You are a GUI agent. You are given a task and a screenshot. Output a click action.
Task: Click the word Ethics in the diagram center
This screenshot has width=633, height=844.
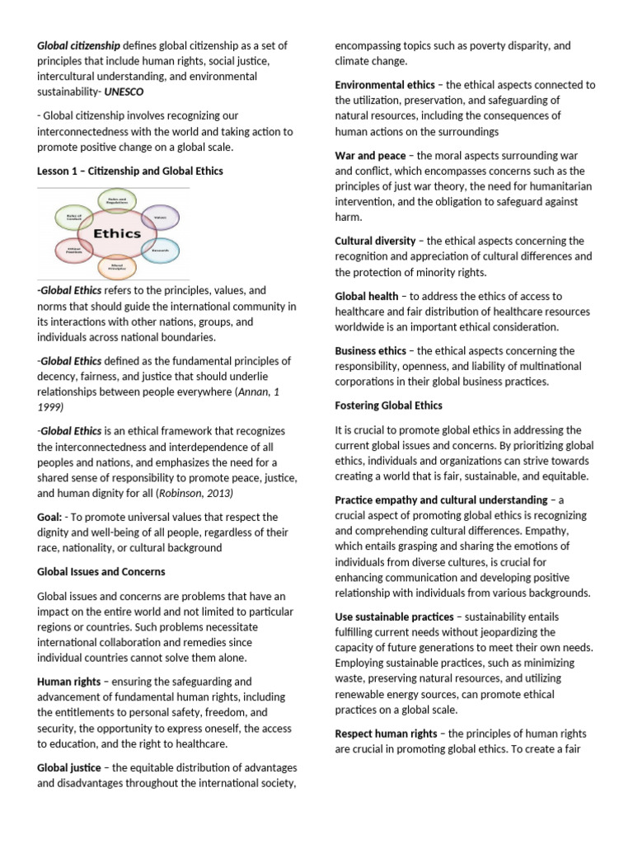(x=116, y=233)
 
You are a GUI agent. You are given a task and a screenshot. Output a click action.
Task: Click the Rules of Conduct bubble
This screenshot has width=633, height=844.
(x=69, y=217)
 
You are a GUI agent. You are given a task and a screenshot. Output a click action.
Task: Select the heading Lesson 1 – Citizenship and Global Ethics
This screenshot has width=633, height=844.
(x=129, y=171)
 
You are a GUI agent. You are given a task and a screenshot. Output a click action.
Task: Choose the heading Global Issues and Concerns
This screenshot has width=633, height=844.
(x=101, y=571)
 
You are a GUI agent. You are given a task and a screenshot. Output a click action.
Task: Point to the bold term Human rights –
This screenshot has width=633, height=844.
(x=76, y=682)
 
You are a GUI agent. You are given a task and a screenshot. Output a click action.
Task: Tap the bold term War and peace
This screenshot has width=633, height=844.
(x=370, y=155)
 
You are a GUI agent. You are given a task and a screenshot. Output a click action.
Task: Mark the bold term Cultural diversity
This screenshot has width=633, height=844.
(x=376, y=241)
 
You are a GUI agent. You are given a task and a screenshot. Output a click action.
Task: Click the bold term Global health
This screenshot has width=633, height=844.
(x=366, y=296)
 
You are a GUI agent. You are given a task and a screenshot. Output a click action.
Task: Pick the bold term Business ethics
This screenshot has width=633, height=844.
(x=370, y=351)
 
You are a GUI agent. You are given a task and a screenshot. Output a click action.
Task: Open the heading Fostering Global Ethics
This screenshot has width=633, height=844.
(x=388, y=406)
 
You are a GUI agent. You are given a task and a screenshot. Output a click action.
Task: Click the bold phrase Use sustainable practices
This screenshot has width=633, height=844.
(x=394, y=617)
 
